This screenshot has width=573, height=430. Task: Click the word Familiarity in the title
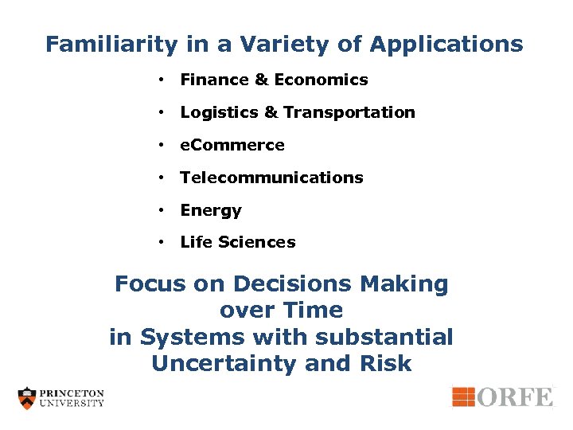pyautogui.click(x=111, y=45)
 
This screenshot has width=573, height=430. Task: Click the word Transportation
pyautogui.click(x=349, y=112)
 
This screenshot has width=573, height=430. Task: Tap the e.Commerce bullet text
pyautogui.click(x=232, y=145)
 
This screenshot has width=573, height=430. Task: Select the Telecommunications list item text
pyautogui.click(x=271, y=178)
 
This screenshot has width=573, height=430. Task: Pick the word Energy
pyautogui.click(x=211, y=210)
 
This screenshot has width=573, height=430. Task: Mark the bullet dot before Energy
pyautogui.click(x=161, y=210)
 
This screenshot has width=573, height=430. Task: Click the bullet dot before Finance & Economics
pyautogui.click(x=161, y=80)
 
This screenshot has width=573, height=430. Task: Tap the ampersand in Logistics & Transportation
pyautogui.click(x=271, y=112)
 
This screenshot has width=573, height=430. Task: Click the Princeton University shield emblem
pyautogui.click(x=28, y=397)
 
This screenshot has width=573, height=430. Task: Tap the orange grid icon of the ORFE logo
pyautogui.click(x=464, y=396)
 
